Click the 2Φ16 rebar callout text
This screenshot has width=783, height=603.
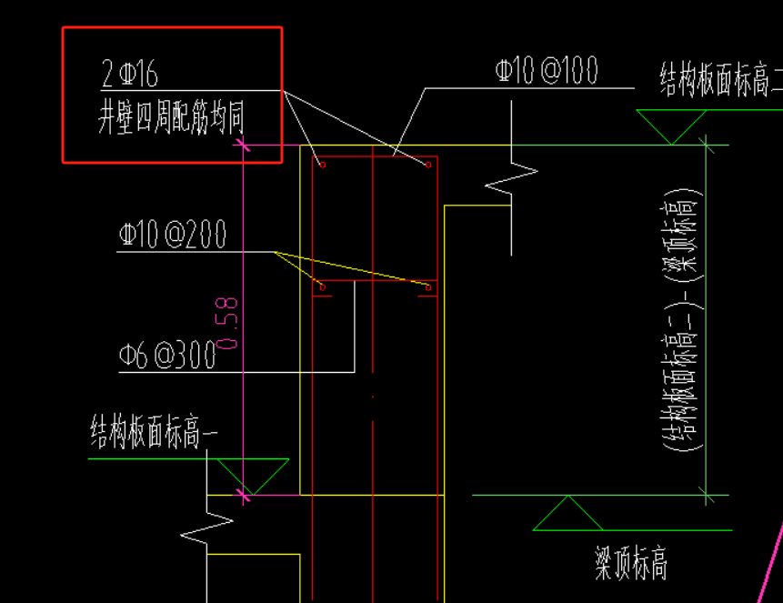(131, 73)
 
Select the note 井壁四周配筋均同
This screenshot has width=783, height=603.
(171, 118)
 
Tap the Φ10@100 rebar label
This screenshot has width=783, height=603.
(546, 72)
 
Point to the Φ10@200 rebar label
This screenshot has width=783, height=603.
(172, 236)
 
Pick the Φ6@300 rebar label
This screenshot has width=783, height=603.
(167, 356)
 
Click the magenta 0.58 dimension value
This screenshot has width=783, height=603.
(228, 323)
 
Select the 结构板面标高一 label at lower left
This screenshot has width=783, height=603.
(154, 433)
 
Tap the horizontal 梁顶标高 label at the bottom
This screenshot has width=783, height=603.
(630, 565)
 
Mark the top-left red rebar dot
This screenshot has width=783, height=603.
(322, 165)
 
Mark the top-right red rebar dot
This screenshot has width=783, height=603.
(427, 165)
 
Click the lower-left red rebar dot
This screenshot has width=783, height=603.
(322, 288)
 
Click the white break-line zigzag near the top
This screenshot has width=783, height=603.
(511, 176)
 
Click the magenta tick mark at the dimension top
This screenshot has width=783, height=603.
(243, 144)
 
